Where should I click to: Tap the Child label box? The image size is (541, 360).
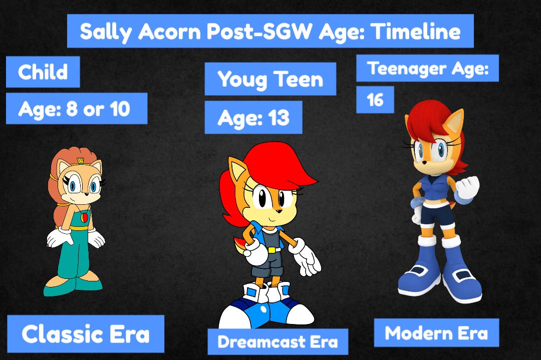click(x=43, y=72)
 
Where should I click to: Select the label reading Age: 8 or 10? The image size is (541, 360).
click(x=76, y=109)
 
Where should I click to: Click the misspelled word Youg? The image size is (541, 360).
click(x=241, y=80)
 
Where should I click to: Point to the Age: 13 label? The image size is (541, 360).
click(x=253, y=118)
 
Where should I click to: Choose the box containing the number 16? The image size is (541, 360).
click(x=375, y=100)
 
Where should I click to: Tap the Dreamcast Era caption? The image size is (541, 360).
click(x=278, y=341)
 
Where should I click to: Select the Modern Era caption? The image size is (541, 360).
click(x=436, y=333)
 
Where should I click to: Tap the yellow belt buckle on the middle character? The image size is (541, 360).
click(x=271, y=249)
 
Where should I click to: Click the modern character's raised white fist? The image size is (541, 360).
click(x=467, y=187)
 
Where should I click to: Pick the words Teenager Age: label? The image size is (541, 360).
click(x=427, y=69)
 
